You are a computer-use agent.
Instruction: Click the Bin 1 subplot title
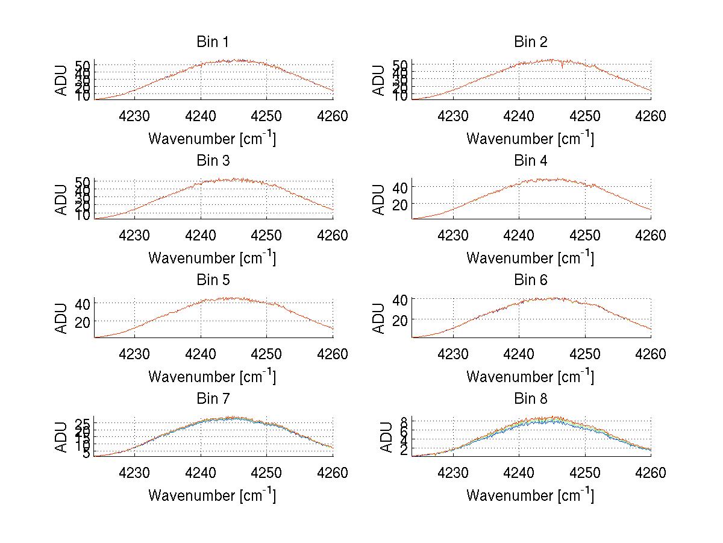pyautogui.click(x=213, y=42)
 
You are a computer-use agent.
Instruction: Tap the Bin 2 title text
pyautogui.click(x=531, y=42)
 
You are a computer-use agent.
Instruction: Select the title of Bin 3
pyautogui.click(x=213, y=161)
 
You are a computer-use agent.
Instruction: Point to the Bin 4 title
pyautogui.click(x=531, y=161)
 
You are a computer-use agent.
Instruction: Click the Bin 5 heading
pyautogui.click(x=213, y=280)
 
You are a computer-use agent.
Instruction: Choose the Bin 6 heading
pyautogui.click(x=531, y=280)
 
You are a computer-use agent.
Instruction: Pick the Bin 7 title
pyautogui.click(x=213, y=399)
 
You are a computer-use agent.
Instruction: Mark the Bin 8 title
pyautogui.click(x=531, y=399)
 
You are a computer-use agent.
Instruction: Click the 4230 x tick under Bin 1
pyautogui.click(x=134, y=116)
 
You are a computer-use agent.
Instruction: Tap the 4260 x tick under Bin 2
pyautogui.click(x=650, y=116)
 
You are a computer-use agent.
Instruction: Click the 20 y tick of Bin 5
pyautogui.click(x=83, y=321)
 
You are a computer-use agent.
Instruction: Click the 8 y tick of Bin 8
pyautogui.click(x=405, y=420)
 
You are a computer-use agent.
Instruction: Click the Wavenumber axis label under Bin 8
pyautogui.click(x=530, y=495)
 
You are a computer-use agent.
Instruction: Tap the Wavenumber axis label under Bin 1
pyautogui.click(x=212, y=139)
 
